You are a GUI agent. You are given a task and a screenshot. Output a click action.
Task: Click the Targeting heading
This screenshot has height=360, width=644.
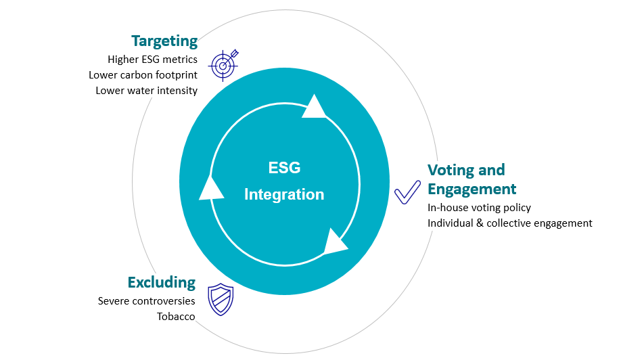(x=164, y=41)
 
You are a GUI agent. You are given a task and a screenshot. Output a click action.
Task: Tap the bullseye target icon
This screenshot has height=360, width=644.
(x=224, y=64)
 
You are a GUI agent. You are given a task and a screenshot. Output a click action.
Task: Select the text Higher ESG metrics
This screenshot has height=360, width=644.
(x=152, y=60)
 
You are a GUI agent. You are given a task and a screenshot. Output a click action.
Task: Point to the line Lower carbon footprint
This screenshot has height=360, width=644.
(x=143, y=74)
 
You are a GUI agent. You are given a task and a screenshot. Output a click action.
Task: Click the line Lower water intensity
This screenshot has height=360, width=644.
(x=146, y=90)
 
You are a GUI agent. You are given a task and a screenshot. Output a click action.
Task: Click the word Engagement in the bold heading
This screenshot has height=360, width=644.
(x=471, y=189)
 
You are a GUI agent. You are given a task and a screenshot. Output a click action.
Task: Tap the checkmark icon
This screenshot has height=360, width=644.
(x=408, y=192)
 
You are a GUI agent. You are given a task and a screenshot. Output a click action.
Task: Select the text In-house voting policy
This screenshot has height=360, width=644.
(x=479, y=208)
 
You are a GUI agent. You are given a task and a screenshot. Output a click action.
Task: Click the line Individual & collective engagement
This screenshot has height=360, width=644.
(x=509, y=223)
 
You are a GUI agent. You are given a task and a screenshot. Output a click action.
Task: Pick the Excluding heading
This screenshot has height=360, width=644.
(x=162, y=282)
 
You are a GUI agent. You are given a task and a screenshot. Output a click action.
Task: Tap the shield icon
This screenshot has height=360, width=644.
(x=221, y=299)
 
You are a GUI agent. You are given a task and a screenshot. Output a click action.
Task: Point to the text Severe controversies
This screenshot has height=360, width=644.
(x=146, y=301)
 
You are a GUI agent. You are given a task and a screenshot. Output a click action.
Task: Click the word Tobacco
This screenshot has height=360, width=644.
(x=176, y=316)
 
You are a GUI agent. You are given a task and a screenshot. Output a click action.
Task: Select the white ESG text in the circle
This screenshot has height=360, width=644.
(x=284, y=168)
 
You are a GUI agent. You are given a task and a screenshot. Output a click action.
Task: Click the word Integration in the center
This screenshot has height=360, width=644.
(x=284, y=195)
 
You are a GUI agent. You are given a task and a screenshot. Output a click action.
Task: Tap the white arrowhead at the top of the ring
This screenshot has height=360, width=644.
(x=314, y=108)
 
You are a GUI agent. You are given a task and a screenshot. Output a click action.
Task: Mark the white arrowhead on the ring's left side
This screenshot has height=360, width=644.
(x=211, y=189)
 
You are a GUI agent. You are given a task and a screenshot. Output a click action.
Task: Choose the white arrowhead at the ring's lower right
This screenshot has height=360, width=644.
(x=334, y=242)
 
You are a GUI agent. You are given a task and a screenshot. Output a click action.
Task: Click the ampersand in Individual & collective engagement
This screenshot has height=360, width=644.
(x=481, y=223)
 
